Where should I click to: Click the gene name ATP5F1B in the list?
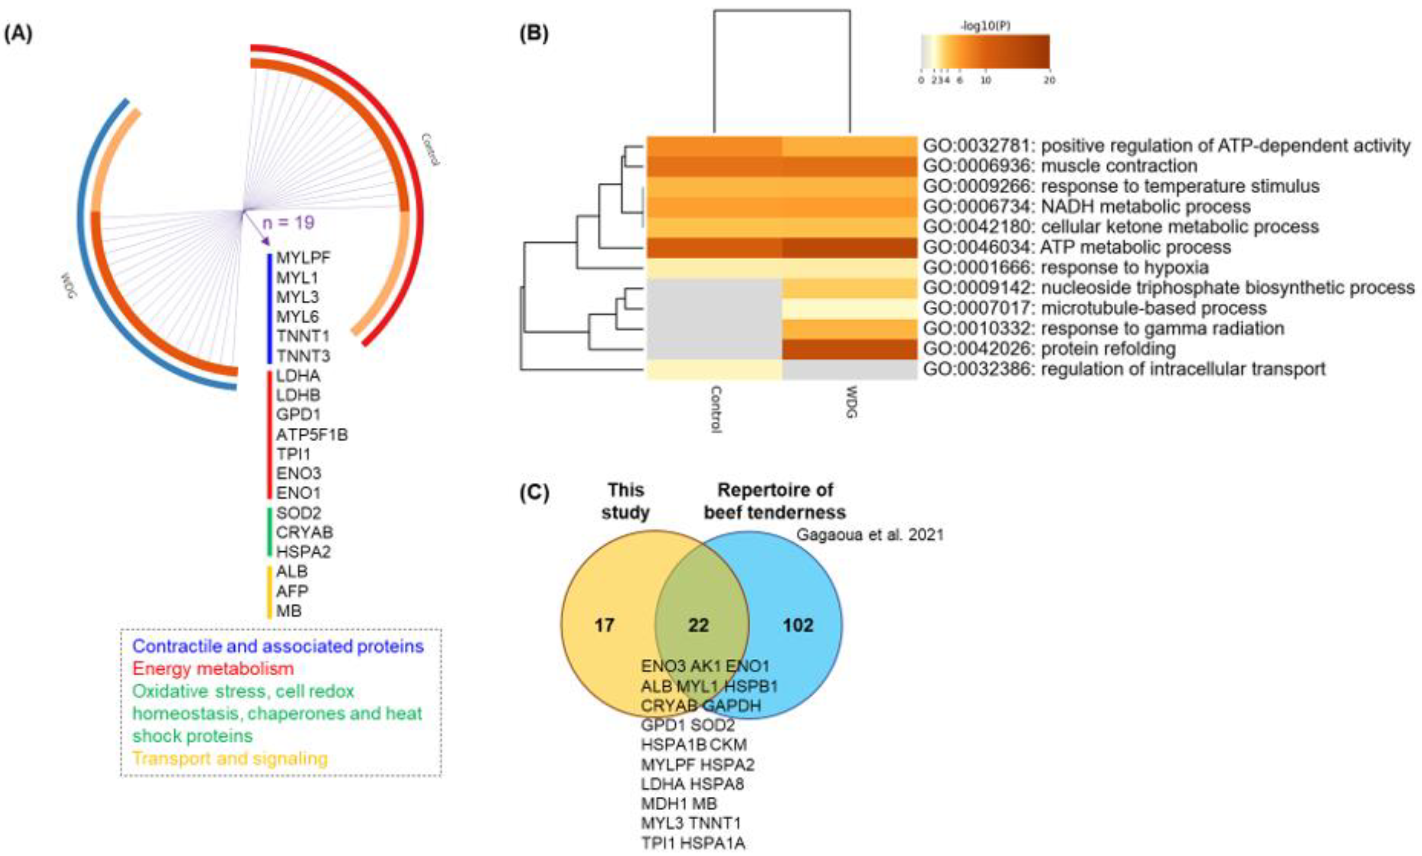pyautogui.click(x=312, y=434)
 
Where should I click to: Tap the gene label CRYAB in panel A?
pyautogui.click(x=304, y=532)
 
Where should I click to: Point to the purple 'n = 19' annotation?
pyautogui.click(x=288, y=223)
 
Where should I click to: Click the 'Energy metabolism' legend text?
pyautogui.click(x=213, y=668)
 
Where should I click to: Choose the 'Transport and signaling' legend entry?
pyautogui.click(x=230, y=758)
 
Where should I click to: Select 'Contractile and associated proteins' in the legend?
pyautogui.click(x=278, y=646)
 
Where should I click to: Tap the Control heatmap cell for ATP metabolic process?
pyautogui.click(x=714, y=248)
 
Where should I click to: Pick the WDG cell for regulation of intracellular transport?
pyautogui.click(x=849, y=369)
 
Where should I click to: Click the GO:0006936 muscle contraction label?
pyautogui.click(x=1060, y=166)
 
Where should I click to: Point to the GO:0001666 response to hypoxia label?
pyautogui.click(x=1066, y=267)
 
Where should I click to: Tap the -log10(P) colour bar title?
pyautogui.click(x=985, y=26)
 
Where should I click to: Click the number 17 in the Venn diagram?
pyautogui.click(x=604, y=625)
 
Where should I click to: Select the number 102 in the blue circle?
pyautogui.click(x=798, y=625)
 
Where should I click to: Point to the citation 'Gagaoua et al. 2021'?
pyautogui.click(x=870, y=535)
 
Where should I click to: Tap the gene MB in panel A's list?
pyautogui.click(x=288, y=610)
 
